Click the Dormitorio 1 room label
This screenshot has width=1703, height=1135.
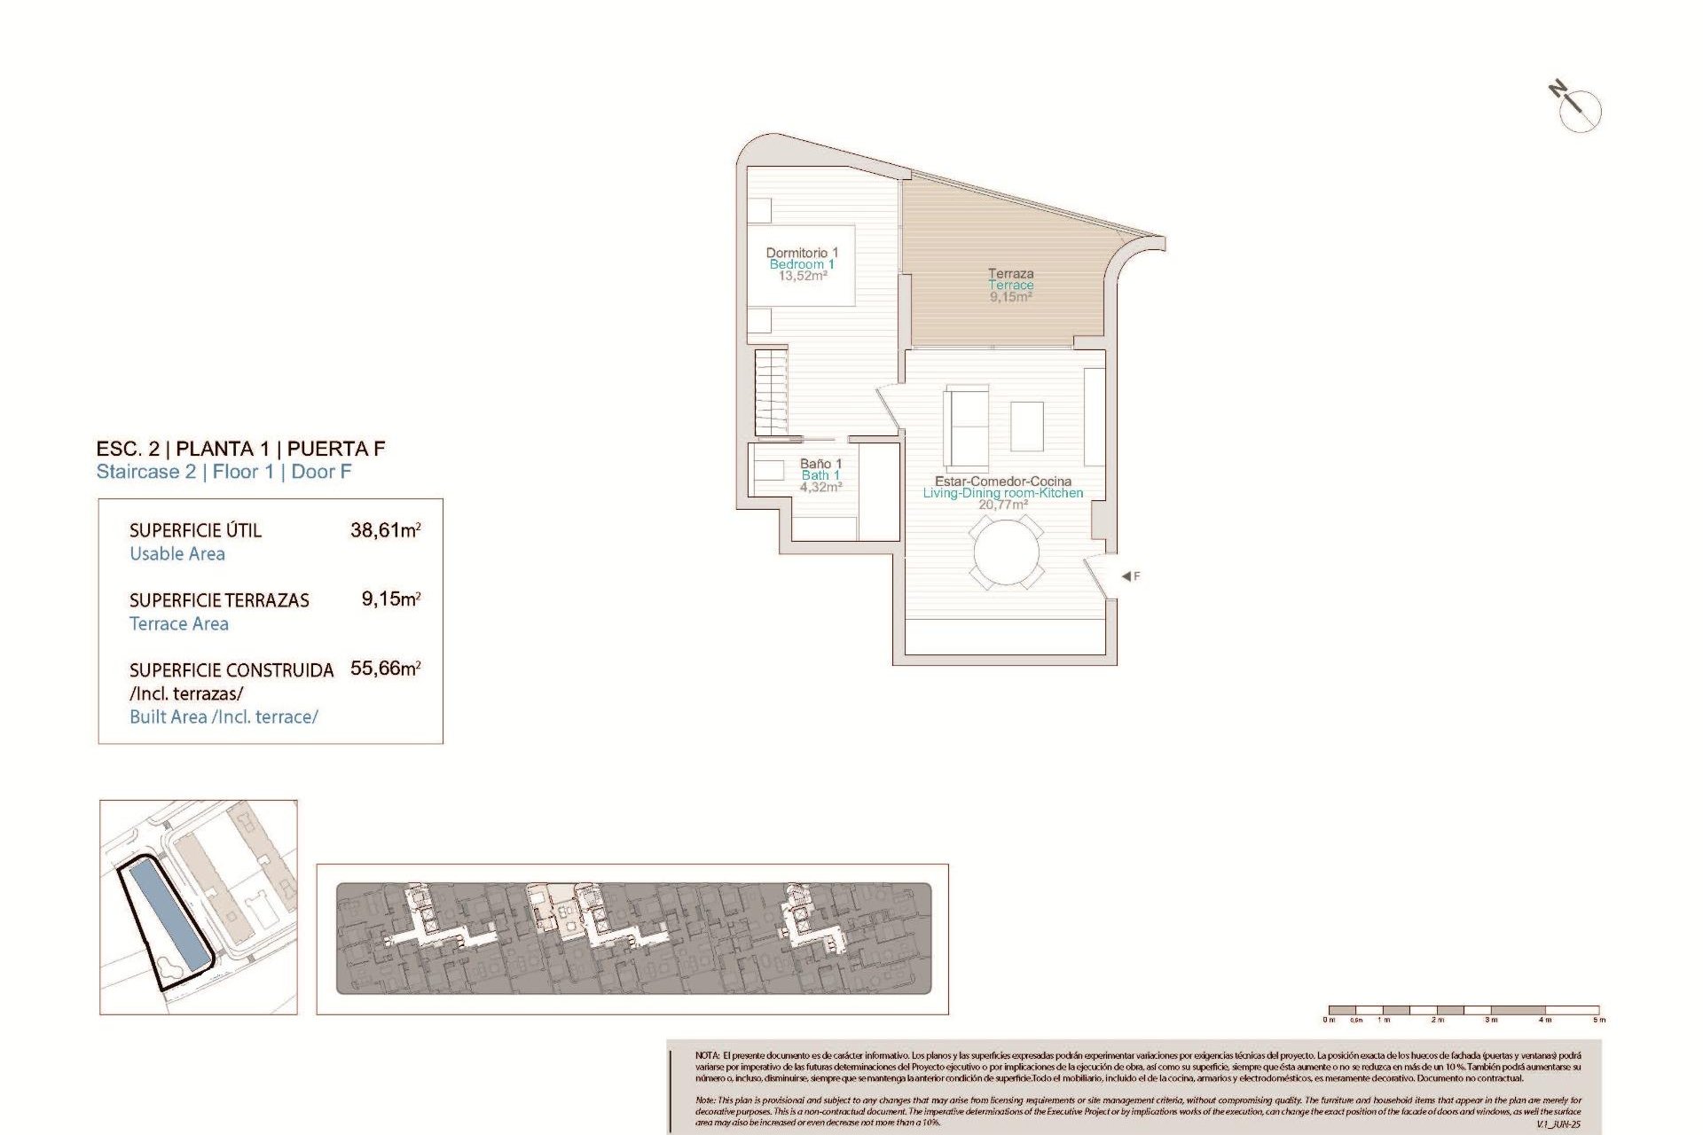[802, 253]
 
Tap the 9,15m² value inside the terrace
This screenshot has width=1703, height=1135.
[1010, 297]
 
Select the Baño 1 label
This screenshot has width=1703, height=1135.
[820, 464]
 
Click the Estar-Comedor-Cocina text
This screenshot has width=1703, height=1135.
[1002, 481]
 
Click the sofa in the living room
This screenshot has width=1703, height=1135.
[967, 428]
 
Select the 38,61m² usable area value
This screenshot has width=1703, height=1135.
[385, 530]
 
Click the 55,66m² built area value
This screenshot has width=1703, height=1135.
[385, 669]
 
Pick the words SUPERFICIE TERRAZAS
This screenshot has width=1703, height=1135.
[219, 600]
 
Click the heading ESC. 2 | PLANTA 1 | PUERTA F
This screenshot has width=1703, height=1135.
[240, 449]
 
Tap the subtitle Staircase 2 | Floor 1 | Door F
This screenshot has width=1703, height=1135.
[224, 472]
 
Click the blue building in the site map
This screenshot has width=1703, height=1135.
[168, 918]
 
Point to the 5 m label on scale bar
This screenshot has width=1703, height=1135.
[1598, 1020]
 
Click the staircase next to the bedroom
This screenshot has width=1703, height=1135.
[771, 392]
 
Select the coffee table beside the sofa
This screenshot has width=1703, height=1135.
[1026, 427]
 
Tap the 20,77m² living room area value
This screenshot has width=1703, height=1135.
[1002, 505]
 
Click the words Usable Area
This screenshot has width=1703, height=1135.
[177, 554]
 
